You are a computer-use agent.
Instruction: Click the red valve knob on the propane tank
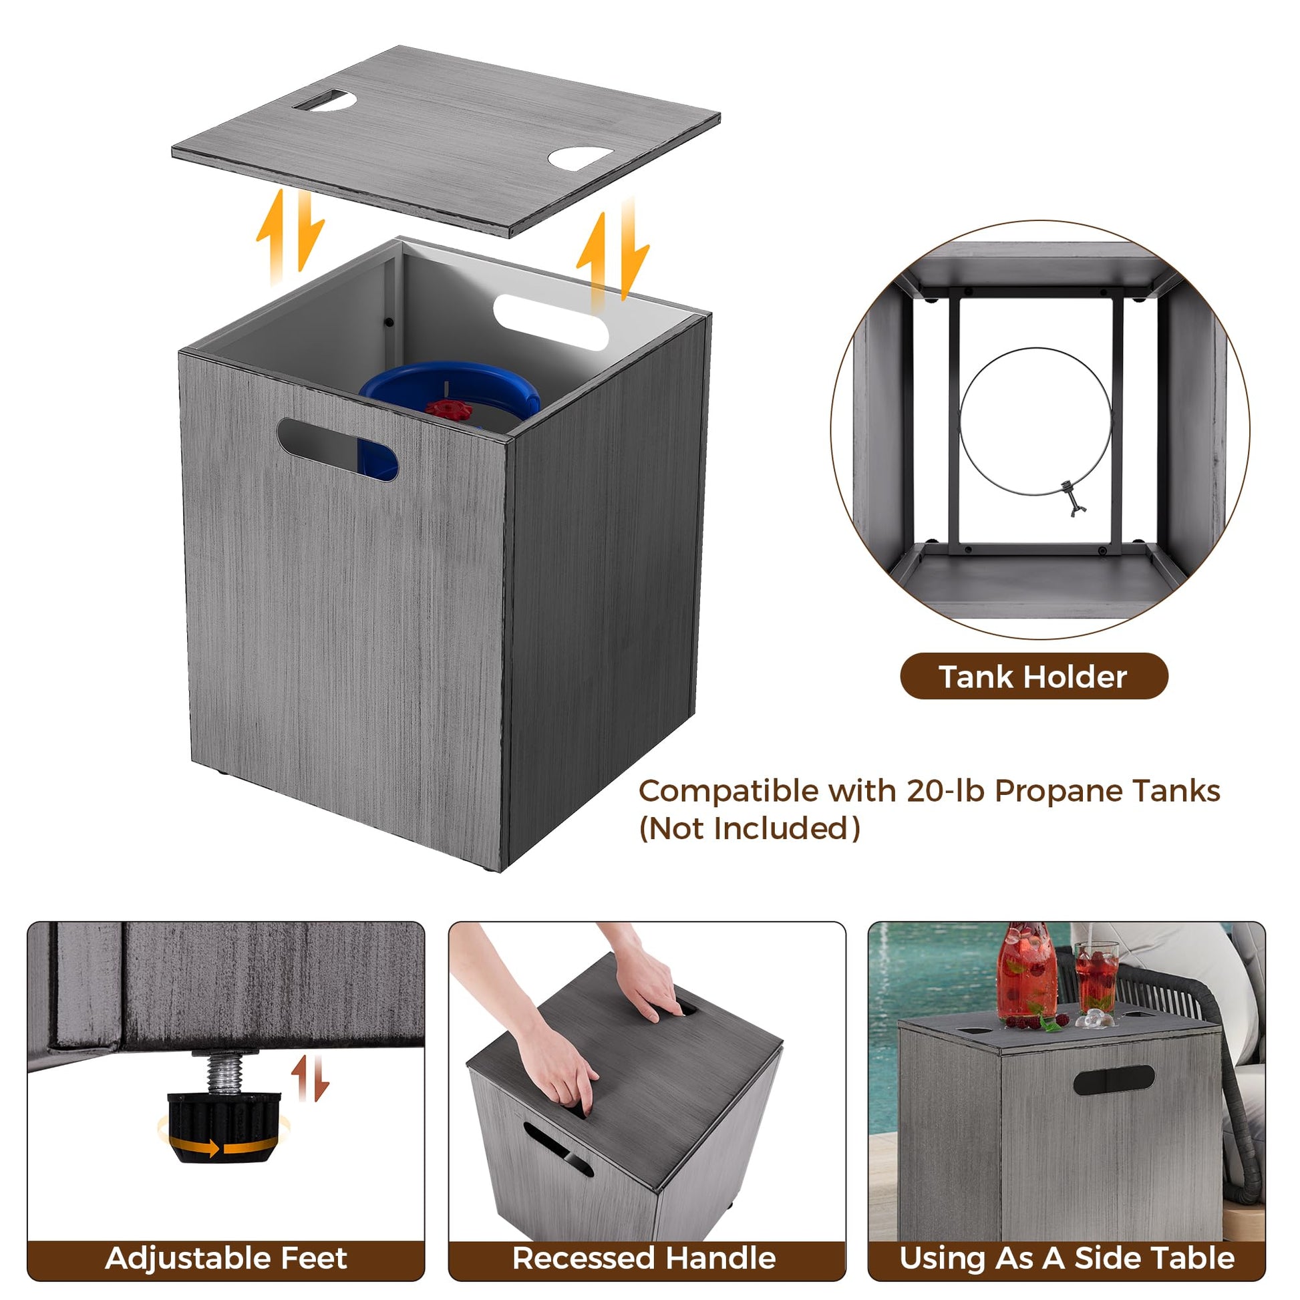click(448, 409)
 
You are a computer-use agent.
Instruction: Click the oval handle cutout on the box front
click(337, 449)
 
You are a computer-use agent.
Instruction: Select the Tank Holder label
click(1033, 676)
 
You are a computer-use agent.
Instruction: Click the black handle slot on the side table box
click(1114, 1080)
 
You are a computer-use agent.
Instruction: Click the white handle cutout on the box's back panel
click(550, 322)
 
